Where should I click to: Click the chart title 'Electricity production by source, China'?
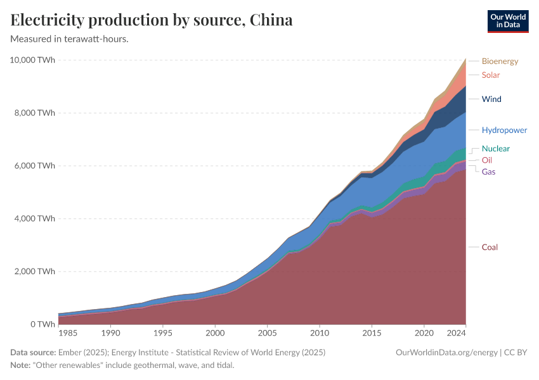click(x=152, y=20)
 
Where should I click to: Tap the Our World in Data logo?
click(x=507, y=21)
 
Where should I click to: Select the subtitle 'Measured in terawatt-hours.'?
click(x=70, y=39)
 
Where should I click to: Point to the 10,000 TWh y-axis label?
click(x=32, y=60)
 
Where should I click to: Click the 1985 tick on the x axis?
click(x=68, y=332)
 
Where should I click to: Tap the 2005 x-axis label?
click(x=267, y=332)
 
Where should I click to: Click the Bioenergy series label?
click(x=500, y=61)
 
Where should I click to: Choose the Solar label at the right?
click(x=490, y=75)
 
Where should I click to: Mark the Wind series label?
click(x=491, y=99)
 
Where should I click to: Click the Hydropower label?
click(x=504, y=130)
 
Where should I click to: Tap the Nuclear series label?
click(x=495, y=149)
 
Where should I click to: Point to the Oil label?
click(x=487, y=160)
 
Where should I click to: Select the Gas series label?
click(x=488, y=172)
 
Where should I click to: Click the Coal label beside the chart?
click(x=490, y=247)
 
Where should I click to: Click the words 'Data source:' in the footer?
click(x=33, y=353)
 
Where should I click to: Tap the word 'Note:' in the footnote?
click(x=21, y=365)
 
